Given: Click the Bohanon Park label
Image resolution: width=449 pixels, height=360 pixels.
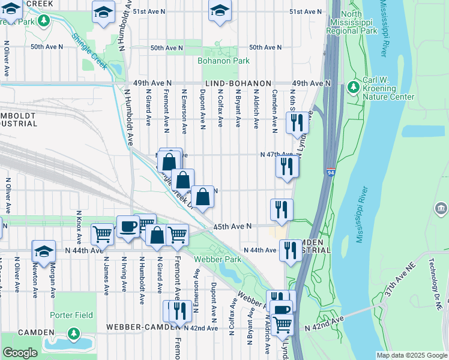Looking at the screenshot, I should click(x=223, y=61).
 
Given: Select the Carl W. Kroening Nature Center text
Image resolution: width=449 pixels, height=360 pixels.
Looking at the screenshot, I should click(x=388, y=89).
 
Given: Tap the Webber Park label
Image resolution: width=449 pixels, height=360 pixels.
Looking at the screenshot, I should click(x=217, y=259).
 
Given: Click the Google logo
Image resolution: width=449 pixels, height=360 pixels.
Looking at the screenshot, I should click(x=20, y=353).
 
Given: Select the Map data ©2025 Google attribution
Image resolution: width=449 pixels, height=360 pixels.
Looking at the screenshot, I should click(x=411, y=355).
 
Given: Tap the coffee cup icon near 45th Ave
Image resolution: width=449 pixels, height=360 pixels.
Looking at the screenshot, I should click(x=127, y=227).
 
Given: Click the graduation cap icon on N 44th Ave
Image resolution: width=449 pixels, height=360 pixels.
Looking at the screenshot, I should click(x=43, y=251).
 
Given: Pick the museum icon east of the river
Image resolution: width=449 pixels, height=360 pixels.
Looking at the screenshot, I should click(x=442, y=208).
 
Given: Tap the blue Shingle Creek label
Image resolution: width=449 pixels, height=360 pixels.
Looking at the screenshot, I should click(x=89, y=50).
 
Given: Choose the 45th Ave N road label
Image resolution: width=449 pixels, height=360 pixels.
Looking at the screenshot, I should click(x=232, y=226).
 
